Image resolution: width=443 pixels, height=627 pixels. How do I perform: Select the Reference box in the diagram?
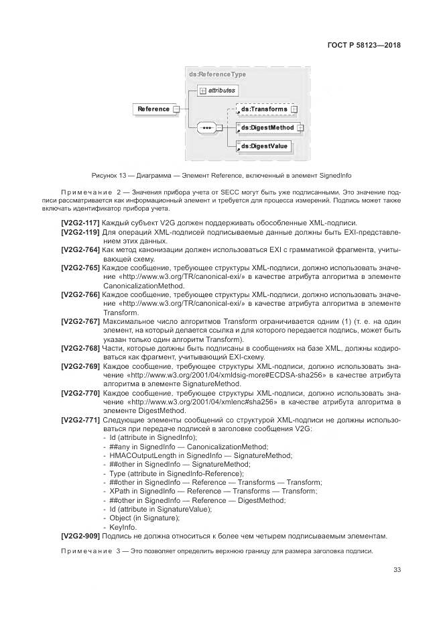pyautogui.click(x=153, y=109)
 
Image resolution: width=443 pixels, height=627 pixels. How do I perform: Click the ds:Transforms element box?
pyautogui.click(x=264, y=109)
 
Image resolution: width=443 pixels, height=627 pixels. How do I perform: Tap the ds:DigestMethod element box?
pyautogui.click(x=267, y=127)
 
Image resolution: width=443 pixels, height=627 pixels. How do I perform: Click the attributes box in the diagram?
pyautogui.click(x=218, y=90)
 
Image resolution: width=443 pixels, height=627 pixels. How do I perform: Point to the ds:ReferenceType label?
pyautogui.click(x=217, y=74)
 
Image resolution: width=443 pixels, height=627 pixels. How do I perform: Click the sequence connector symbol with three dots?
pyautogui.click(x=206, y=127)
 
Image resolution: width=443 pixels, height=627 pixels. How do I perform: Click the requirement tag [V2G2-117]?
pyautogui.click(x=80, y=223)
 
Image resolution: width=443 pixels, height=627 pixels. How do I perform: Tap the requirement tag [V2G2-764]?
pyautogui.click(x=80, y=249)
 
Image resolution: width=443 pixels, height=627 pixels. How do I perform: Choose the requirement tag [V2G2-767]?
pyautogui.click(x=80, y=321)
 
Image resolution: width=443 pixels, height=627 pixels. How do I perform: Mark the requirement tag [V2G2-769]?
pyautogui.click(x=80, y=366)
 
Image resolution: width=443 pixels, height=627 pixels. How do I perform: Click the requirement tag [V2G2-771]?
pyautogui.click(x=80, y=420)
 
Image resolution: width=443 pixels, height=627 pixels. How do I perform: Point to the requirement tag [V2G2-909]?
pyautogui.click(x=80, y=536)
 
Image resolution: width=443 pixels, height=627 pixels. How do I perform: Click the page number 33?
pyautogui.click(x=397, y=571)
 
